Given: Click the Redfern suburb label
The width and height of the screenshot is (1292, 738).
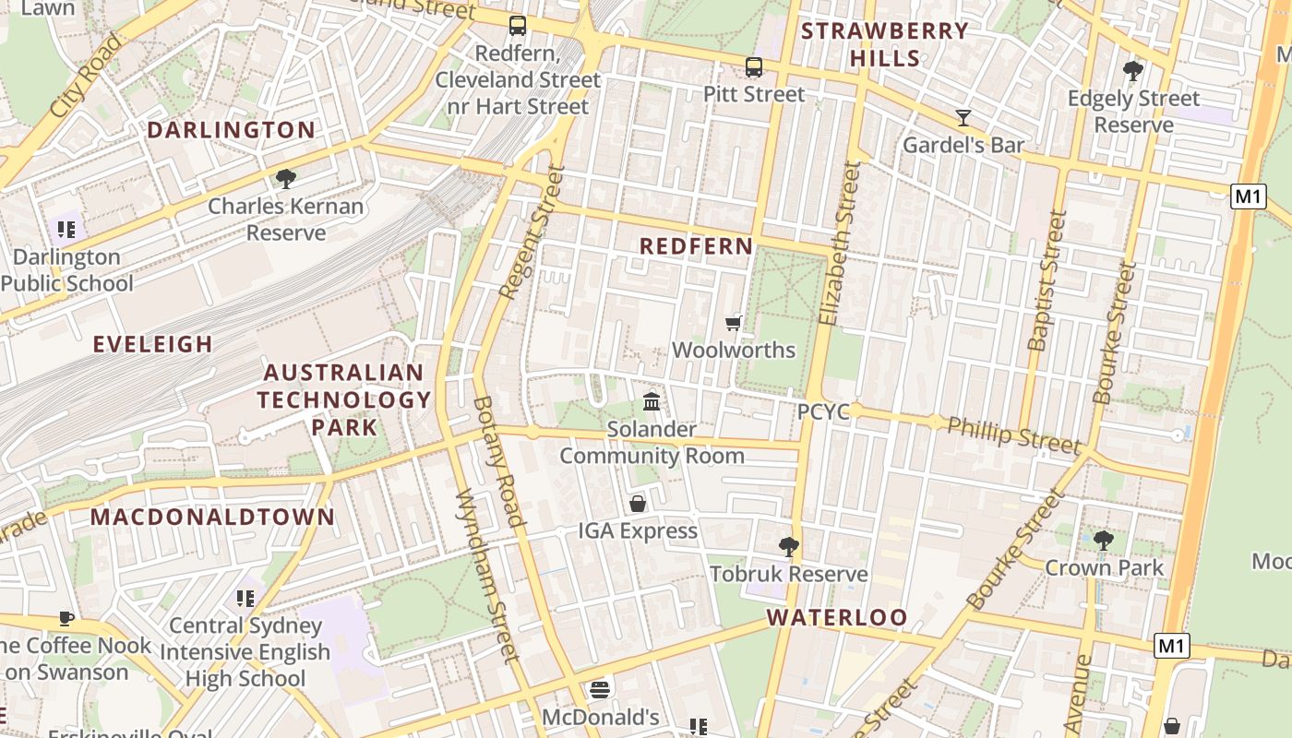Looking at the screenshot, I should click(696, 246).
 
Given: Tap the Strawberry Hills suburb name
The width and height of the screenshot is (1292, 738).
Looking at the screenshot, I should click(885, 44).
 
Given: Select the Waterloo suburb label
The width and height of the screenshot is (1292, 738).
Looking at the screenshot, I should click(837, 617).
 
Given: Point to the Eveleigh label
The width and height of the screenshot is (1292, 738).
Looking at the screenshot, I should click(153, 344).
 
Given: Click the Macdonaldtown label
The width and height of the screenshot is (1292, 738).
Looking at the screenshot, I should click(212, 517).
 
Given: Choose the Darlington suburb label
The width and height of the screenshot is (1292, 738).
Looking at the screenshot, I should click(231, 130).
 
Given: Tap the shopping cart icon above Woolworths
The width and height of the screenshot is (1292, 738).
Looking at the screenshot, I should click(734, 323).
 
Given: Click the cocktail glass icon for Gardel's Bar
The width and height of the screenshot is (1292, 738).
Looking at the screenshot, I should click(963, 118).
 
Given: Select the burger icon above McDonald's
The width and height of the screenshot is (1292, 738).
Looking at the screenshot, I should click(600, 690).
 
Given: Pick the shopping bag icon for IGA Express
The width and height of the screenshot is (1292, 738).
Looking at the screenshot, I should click(638, 504).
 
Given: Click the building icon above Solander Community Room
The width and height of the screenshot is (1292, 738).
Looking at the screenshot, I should click(652, 401).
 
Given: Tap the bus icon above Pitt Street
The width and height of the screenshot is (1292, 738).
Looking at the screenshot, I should click(754, 66).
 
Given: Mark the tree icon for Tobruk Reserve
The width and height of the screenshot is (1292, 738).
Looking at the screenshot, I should click(788, 546).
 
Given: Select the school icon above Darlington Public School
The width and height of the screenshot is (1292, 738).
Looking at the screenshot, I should click(66, 229).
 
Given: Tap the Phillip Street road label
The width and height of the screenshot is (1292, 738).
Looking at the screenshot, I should click(1013, 434).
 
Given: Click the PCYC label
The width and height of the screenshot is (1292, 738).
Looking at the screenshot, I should click(823, 412).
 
